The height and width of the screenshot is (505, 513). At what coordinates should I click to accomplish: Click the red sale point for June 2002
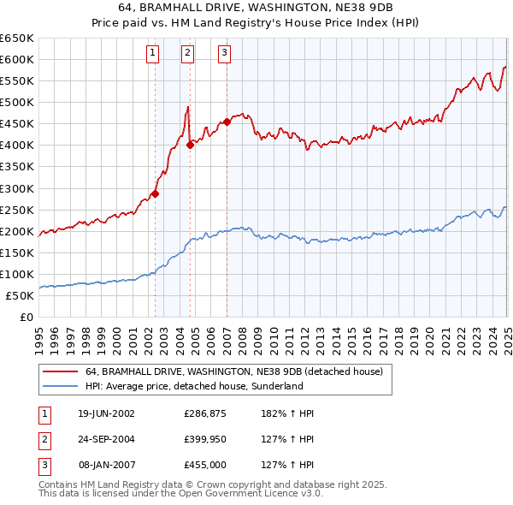(155, 193)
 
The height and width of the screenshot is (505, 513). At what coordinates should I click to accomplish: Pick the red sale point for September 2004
(190, 145)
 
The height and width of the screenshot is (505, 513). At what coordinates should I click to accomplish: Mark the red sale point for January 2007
(227, 122)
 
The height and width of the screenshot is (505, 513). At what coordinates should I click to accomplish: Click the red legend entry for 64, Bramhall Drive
(239, 371)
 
